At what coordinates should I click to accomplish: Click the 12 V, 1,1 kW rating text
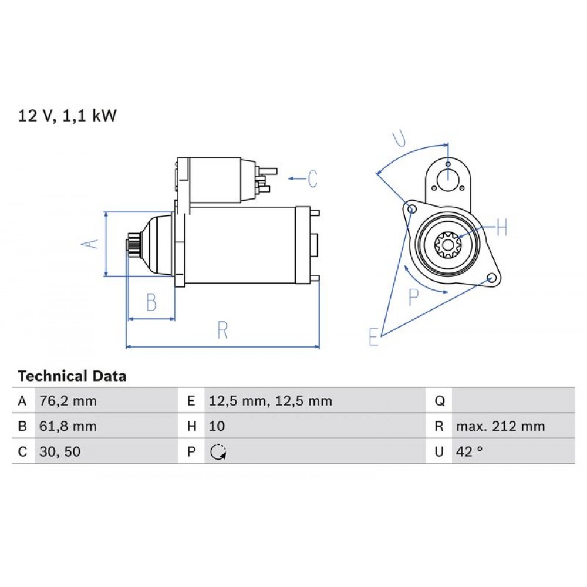68,116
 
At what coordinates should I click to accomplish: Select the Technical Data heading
72,376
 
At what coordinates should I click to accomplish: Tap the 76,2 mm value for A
68,402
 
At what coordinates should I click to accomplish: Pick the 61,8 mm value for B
68,426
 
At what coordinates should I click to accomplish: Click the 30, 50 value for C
58,451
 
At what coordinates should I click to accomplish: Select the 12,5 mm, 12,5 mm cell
270,402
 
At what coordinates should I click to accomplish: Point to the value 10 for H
216,426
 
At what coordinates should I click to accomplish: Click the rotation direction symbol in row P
218,452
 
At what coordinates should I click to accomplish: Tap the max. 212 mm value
500,426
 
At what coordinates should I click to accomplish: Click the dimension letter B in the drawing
151,302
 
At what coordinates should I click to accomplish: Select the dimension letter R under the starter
222,330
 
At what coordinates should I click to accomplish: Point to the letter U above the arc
399,139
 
